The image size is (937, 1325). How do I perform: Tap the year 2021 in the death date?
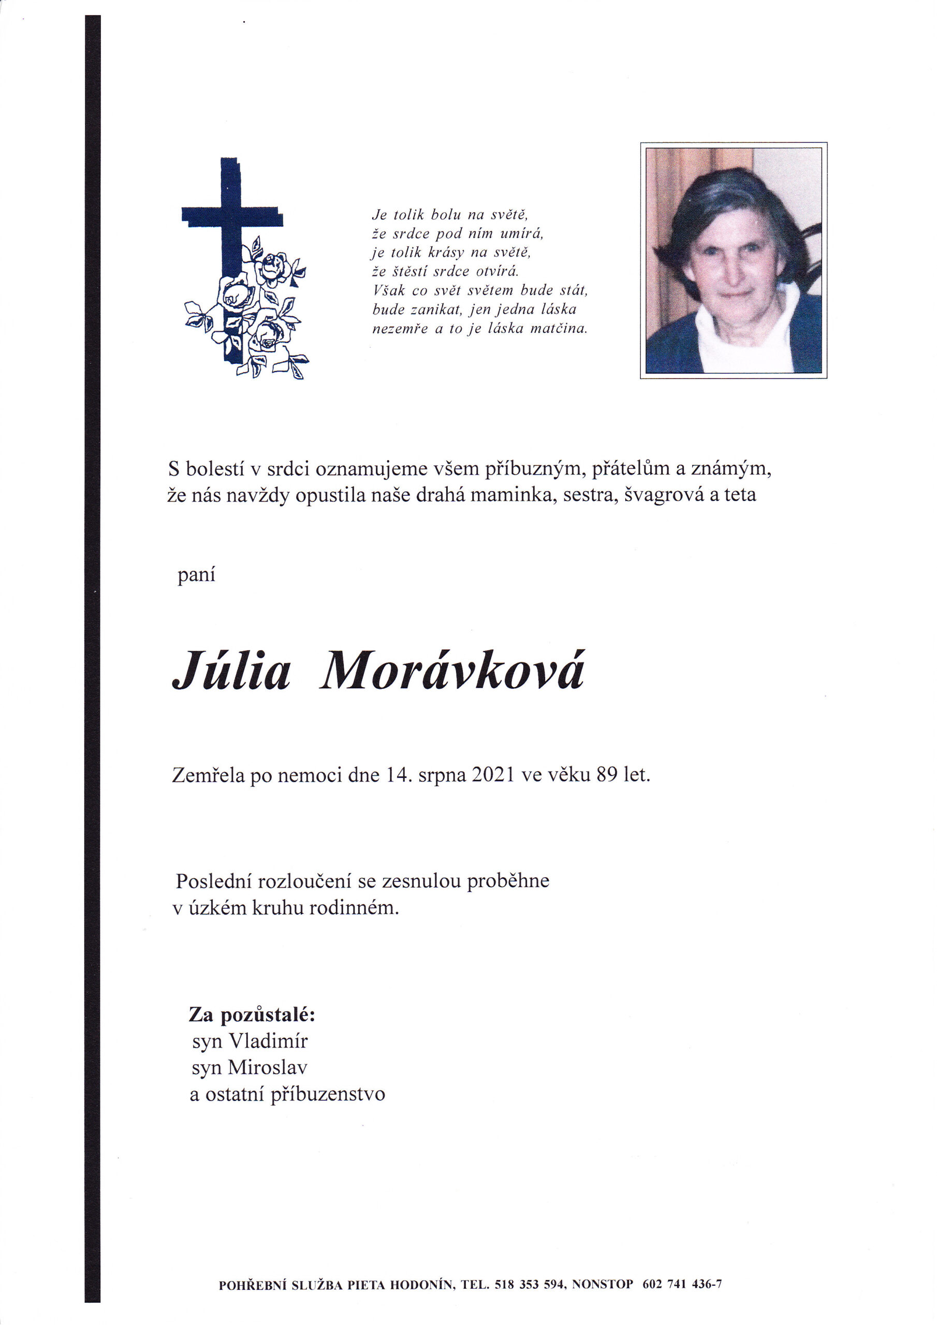click(492, 775)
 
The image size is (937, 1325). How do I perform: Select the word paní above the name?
click(196, 576)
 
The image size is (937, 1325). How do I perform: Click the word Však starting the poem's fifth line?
click(389, 291)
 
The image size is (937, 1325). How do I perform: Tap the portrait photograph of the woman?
click(733, 260)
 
